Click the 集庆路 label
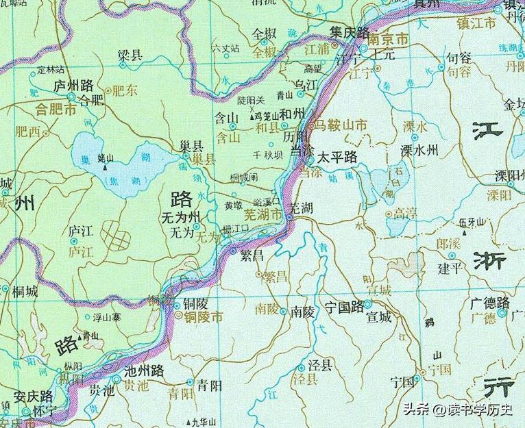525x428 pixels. tap(350, 32)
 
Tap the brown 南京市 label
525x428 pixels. tap(388, 40)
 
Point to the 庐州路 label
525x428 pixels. tap(74, 86)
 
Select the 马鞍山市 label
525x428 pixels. tap(341, 125)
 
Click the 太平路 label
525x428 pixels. tap(336, 157)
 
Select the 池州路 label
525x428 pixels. tap(144, 370)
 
